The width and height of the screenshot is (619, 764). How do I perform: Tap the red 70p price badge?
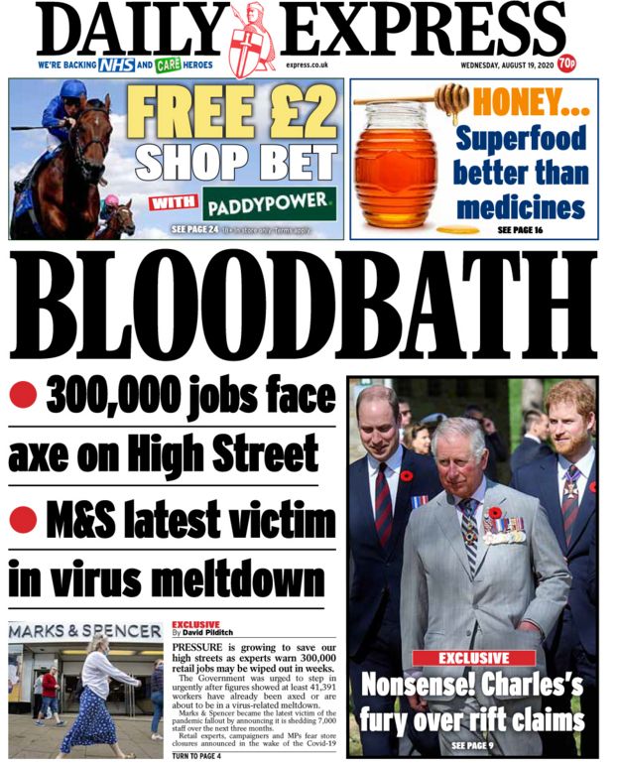pos(566,64)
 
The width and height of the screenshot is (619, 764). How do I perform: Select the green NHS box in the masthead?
pos(114,64)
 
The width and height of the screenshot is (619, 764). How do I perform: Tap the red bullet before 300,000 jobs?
pos(23,397)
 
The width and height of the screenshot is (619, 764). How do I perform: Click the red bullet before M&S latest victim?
pos(23,518)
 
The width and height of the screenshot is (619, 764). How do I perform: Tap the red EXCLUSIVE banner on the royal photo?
pos(473,657)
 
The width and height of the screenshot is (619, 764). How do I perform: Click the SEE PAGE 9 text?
pos(473,744)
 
